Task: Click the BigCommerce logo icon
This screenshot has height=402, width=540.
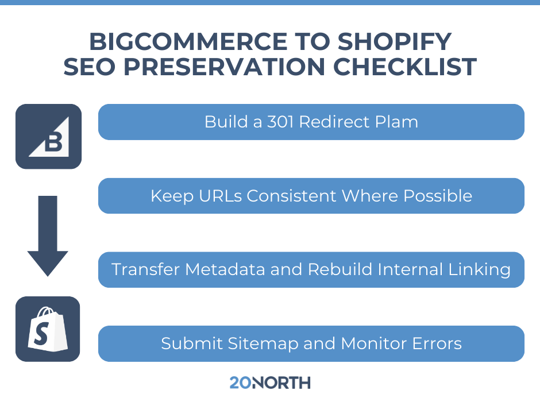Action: (x=48, y=136)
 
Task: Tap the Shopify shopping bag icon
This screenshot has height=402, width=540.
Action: (x=48, y=329)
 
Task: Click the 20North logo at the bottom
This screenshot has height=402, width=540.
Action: (x=269, y=382)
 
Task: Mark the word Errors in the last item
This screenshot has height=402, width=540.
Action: (x=436, y=343)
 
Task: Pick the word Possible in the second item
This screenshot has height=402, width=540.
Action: (x=438, y=196)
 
